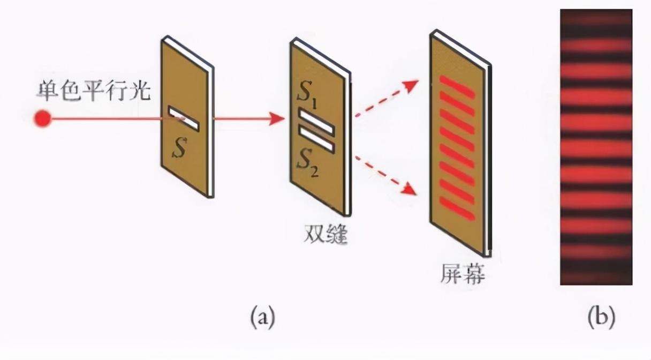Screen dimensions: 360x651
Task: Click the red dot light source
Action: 42,118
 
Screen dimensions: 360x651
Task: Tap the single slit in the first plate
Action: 184,118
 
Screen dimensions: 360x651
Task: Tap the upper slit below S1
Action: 316,121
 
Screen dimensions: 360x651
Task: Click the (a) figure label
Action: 263,318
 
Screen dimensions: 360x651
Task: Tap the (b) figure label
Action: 601,318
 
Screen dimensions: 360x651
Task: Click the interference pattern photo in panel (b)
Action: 596,147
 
